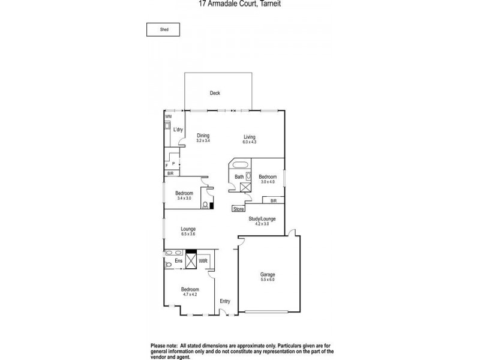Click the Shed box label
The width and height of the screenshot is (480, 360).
163,28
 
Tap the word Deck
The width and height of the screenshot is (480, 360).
215,93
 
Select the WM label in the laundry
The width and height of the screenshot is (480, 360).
169,116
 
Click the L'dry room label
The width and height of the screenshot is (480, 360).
178,130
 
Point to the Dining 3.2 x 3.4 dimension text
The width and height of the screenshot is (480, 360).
203,140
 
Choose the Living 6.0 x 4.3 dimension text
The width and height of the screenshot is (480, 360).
249,142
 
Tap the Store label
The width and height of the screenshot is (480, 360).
239,209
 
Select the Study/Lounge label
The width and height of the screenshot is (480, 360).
262,219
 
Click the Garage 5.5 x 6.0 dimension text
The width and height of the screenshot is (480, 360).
268,279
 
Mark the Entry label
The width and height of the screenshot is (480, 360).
225,301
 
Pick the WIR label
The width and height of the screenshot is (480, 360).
203,261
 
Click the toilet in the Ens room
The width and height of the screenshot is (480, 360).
168,264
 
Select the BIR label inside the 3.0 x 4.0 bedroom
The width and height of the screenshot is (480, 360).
274,200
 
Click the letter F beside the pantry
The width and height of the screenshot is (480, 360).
166,165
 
